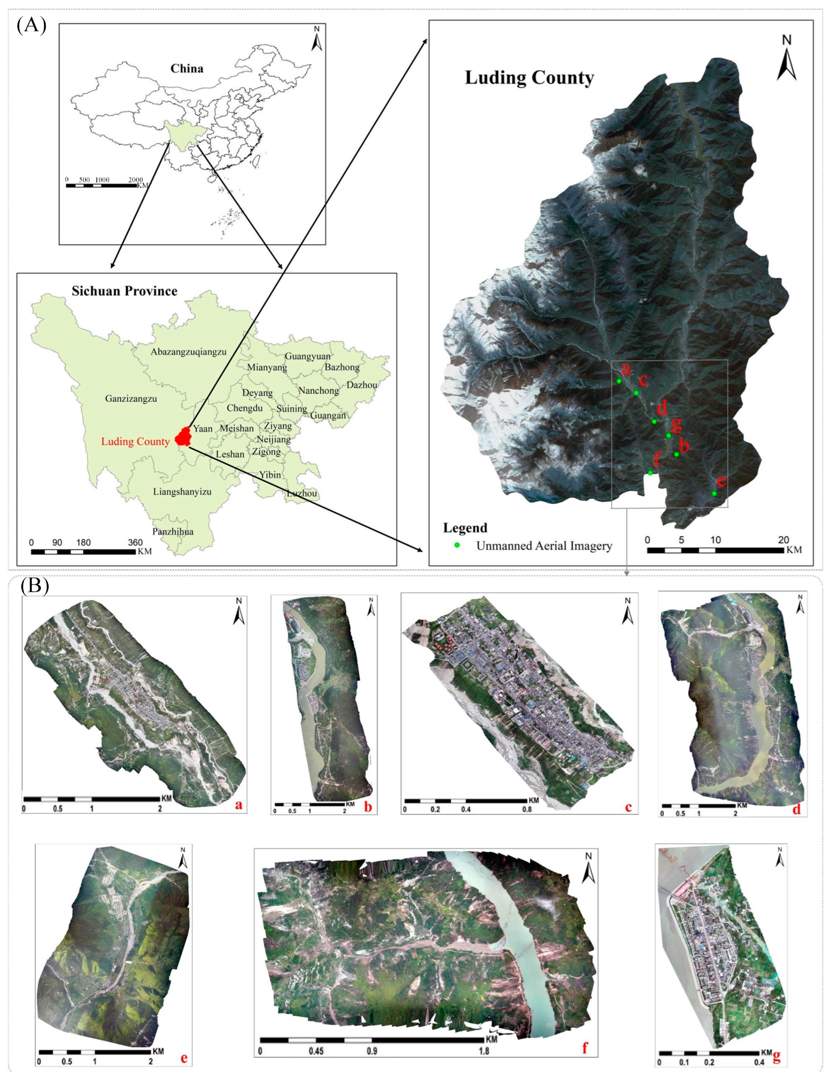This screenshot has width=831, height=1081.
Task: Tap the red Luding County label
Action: click(x=135, y=441)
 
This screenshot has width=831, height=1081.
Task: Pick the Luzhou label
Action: click(x=302, y=493)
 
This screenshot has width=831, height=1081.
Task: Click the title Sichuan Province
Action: click(x=124, y=291)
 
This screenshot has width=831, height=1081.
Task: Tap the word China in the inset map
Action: click(x=187, y=68)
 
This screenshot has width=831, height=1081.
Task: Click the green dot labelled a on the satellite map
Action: click(x=619, y=381)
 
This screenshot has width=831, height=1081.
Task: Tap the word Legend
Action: click(x=465, y=528)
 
